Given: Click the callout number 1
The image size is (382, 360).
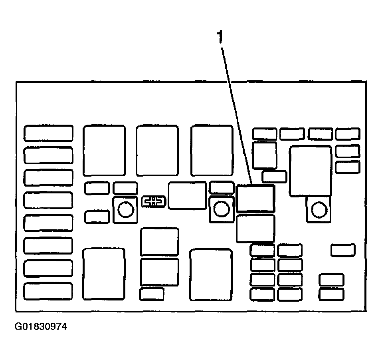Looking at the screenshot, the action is click(220, 37).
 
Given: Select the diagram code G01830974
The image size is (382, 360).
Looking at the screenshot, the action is click(41, 326).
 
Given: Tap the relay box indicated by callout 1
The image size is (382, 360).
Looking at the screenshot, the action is click(255, 198).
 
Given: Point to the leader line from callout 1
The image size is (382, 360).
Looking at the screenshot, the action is click(236, 116).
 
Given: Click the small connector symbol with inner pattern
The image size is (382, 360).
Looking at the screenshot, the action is click(154, 202).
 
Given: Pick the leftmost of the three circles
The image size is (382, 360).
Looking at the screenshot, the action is click(126, 209).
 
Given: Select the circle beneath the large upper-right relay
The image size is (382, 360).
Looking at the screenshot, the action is click(319, 209).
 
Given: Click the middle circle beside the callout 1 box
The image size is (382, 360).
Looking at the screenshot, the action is click(222, 209).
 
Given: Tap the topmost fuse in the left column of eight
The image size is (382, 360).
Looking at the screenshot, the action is click(48, 133).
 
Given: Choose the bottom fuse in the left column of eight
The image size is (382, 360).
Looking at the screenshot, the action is click(48, 291).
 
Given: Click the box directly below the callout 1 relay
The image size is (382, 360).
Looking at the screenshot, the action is click(256, 229).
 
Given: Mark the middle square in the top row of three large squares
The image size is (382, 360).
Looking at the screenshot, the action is click(157, 151).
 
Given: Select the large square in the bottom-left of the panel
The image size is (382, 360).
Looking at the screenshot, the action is click(104, 274).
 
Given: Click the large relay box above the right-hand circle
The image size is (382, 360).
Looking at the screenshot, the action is click(311, 171).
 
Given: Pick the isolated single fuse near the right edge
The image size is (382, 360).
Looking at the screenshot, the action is click(343, 250).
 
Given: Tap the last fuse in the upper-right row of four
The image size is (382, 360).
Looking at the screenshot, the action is click(348, 134).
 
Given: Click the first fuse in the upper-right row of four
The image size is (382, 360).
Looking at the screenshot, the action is click(265, 134).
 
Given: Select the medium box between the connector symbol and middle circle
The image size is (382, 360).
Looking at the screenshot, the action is click(187, 196).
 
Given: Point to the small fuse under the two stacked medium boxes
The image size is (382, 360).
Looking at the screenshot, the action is click(152, 294).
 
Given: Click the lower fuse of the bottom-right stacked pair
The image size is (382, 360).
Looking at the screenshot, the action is click(331, 294).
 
